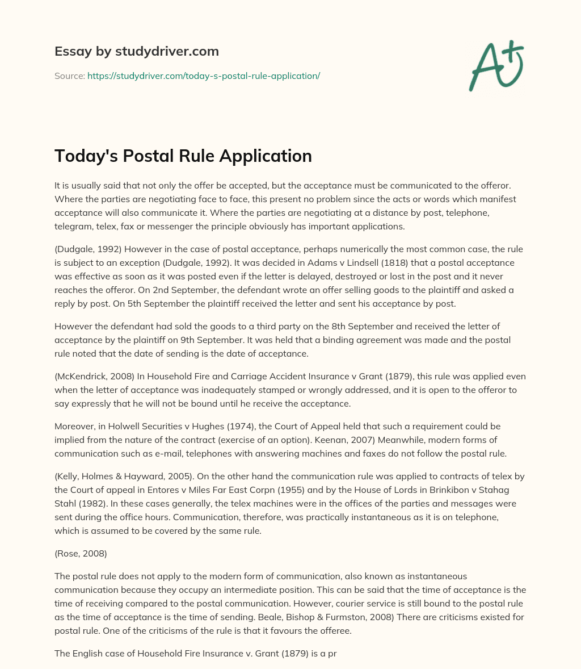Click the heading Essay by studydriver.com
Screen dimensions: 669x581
click(136, 51)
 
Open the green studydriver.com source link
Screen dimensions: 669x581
click(204, 76)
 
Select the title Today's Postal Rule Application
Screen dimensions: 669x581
click(183, 156)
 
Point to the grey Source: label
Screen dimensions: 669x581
click(69, 76)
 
